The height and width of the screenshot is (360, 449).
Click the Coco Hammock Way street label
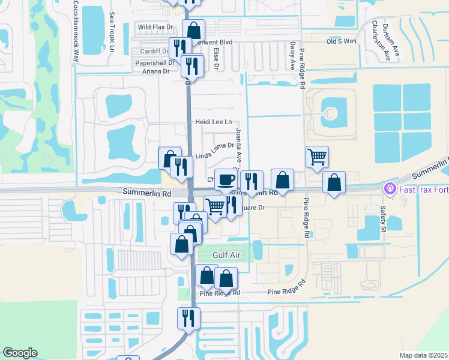[76, 31]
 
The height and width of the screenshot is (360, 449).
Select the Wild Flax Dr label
[155, 27]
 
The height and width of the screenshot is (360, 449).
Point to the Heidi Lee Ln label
[213, 122]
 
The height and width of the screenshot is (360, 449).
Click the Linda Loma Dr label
[214, 148]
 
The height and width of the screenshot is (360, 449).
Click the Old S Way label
[341, 41]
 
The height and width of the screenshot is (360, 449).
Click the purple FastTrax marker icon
[390, 190]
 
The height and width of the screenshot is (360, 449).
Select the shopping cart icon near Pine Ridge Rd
[317, 157]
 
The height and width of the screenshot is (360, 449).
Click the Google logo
[20, 353]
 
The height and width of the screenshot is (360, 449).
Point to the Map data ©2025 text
[423, 355]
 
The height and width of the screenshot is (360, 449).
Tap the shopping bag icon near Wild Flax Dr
[194, 30]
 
